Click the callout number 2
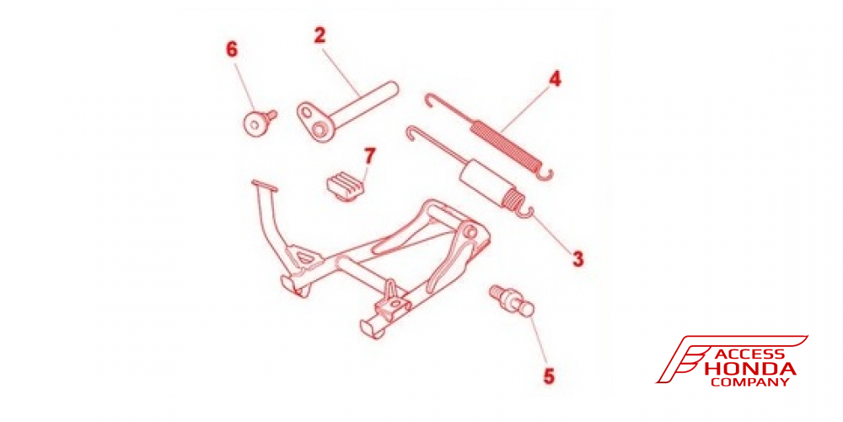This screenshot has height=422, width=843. click(x=319, y=35)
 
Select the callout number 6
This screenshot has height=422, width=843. click(x=232, y=49)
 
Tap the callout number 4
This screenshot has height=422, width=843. click(x=555, y=79)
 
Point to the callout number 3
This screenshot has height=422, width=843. click(x=577, y=259)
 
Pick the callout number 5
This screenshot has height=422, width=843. click(x=549, y=376)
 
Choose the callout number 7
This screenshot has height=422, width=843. click(x=369, y=156)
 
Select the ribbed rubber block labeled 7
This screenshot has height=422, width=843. click(x=346, y=185)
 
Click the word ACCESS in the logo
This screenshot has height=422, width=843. click(x=749, y=354)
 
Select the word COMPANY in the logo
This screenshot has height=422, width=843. click(x=749, y=381)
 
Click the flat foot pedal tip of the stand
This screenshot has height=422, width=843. click(x=265, y=185)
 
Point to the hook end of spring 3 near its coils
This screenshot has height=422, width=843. click(x=526, y=214)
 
